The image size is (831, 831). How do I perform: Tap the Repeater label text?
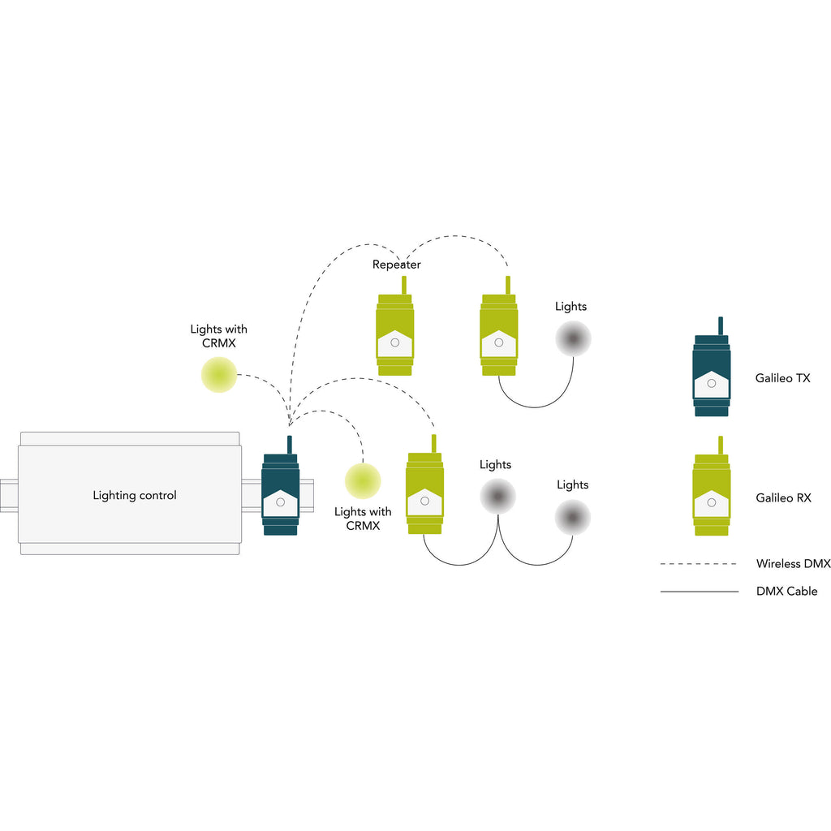[x=397, y=265]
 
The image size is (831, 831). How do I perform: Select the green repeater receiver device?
[x=395, y=334]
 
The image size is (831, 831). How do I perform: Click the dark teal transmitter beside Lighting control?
[x=281, y=495]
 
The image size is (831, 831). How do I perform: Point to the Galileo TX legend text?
[x=782, y=378]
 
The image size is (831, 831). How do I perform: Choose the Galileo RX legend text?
[x=782, y=498]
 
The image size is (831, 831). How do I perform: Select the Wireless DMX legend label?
[x=793, y=563]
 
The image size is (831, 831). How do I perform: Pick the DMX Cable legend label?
[x=786, y=592]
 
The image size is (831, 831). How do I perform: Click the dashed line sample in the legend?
[x=699, y=563]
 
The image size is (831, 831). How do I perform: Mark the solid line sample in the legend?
[x=699, y=592]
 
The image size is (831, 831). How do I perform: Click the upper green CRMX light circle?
[x=219, y=375]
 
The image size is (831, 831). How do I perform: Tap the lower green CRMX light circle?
[x=363, y=480]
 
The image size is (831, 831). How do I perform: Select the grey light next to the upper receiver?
[x=573, y=338]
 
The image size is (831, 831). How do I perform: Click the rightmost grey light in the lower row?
[x=573, y=517]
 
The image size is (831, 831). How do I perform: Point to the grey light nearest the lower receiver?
[x=497, y=495]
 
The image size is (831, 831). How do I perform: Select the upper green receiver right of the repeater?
[x=499, y=334]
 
